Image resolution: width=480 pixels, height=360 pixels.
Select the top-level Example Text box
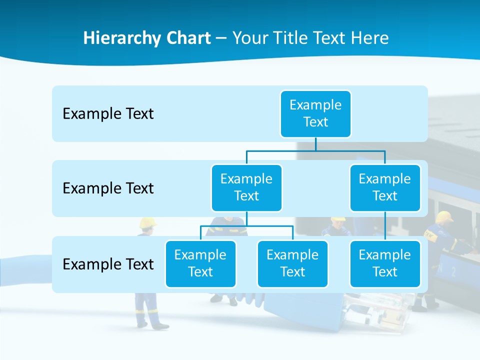[x=315, y=113]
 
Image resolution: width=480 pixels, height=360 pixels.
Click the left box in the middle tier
[x=246, y=187]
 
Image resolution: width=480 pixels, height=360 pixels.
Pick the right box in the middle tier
[x=385, y=187]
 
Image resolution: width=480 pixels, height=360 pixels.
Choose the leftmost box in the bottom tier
[x=200, y=263]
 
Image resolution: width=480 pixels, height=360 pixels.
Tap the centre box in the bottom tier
[x=292, y=263]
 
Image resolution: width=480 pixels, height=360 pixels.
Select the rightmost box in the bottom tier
[x=385, y=263]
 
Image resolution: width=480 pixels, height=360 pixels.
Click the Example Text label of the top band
[x=108, y=114]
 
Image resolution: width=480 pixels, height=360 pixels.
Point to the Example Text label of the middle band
[x=108, y=188]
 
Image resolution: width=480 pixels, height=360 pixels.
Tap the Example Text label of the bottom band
[x=108, y=264]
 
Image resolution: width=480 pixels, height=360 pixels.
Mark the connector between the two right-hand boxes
[x=385, y=226]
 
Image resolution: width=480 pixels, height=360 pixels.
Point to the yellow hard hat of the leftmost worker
[x=147, y=222]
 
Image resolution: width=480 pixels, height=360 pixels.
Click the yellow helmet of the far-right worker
[x=443, y=216]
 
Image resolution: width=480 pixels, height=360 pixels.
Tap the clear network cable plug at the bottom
[x=380, y=312]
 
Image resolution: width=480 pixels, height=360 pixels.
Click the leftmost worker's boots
[x=159, y=326]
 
